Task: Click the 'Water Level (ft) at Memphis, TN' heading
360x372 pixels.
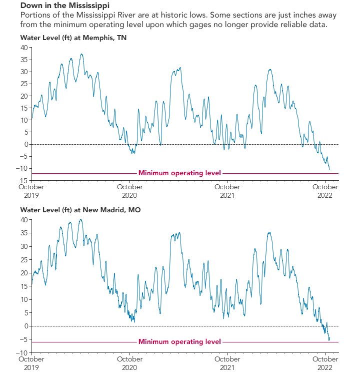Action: point(73,38)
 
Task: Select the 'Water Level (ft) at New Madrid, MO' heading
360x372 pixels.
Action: point(80,210)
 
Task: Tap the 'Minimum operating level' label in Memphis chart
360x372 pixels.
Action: point(179,173)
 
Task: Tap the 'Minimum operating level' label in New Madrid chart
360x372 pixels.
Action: point(179,342)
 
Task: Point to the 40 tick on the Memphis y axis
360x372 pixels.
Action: point(23,48)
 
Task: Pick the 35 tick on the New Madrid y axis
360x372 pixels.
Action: point(23,233)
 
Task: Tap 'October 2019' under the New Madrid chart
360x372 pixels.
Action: point(31,363)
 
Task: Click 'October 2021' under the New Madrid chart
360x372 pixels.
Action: point(227,363)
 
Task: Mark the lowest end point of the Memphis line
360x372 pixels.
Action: point(329,170)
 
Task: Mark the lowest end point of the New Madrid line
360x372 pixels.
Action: point(328,340)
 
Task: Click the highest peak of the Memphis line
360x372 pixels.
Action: point(81,54)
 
